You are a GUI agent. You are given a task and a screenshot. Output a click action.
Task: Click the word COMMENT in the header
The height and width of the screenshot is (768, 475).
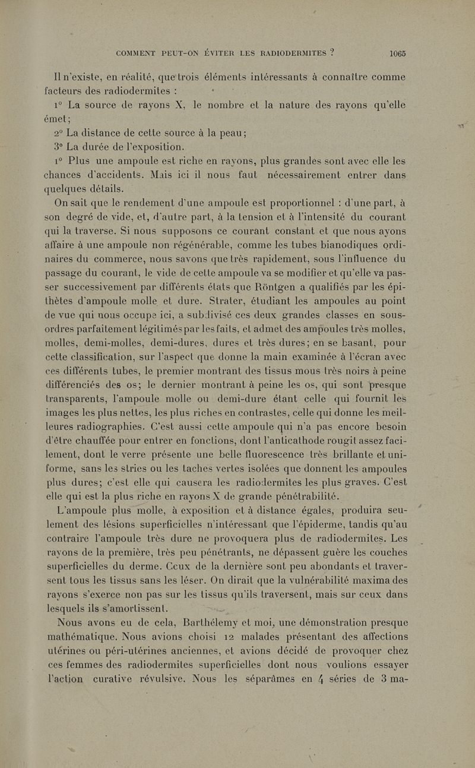click(x=138, y=52)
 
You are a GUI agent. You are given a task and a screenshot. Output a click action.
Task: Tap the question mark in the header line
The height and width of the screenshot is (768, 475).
click(x=334, y=52)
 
